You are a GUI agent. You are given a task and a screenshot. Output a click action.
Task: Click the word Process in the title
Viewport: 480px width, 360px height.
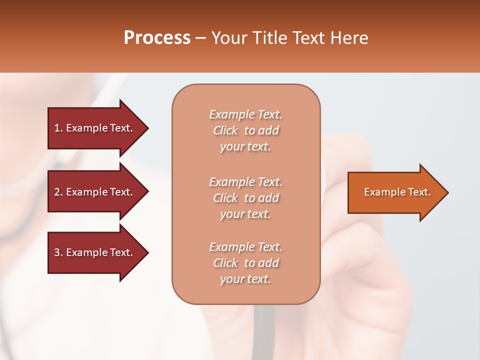pyautogui.click(x=157, y=37)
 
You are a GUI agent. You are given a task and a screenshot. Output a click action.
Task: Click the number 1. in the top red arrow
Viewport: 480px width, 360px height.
pyautogui.click(x=58, y=128)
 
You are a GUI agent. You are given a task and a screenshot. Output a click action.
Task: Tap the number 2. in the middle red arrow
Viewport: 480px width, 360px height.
pyautogui.click(x=58, y=192)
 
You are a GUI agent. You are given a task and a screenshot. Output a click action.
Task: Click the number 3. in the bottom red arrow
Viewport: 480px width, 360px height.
pyautogui.click(x=58, y=252)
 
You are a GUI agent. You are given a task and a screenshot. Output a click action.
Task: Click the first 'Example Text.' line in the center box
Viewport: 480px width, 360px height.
pyautogui.click(x=245, y=114)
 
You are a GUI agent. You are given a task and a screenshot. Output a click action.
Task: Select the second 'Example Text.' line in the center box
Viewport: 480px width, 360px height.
pyautogui.click(x=245, y=181)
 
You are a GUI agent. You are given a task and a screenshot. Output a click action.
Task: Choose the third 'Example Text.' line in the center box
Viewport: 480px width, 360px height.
pyautogui.click(x=245, y=247)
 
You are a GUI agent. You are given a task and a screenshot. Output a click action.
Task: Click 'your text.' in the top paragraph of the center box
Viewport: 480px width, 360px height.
pyautogui.click(x=245, y=147)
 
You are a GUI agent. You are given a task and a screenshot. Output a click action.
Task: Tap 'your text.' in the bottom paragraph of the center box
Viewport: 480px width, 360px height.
pyautogui.click(x=245, y=279)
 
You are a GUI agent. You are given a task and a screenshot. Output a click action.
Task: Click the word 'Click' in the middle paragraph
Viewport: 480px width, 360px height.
pyautogui.click(x=225, y=198)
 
